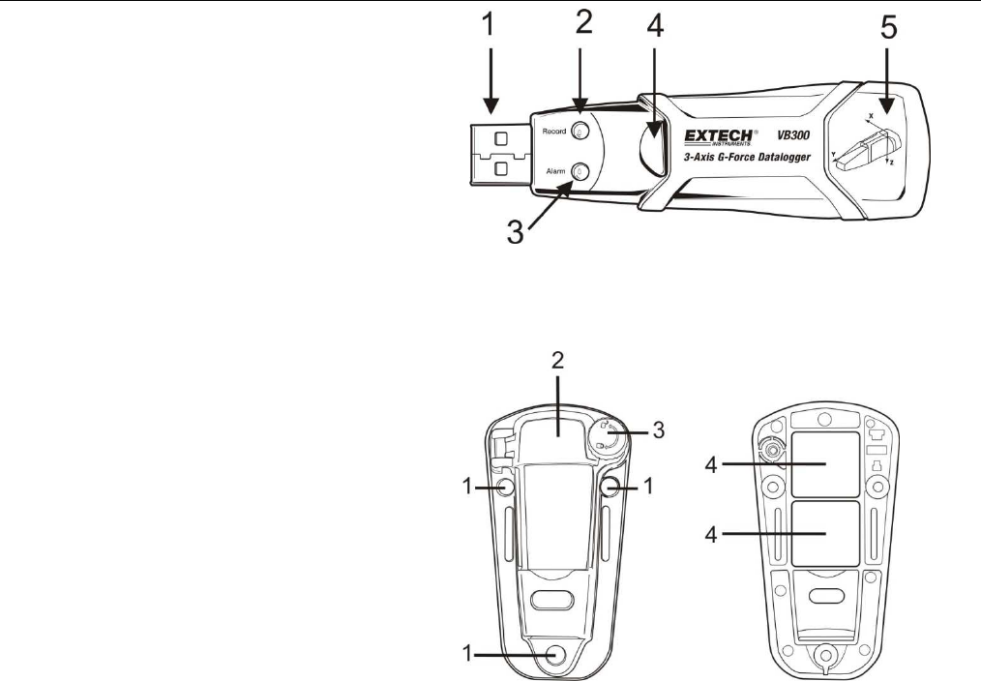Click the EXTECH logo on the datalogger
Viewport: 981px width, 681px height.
tap(718, 137)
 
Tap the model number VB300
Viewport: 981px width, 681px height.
tap(793, 135)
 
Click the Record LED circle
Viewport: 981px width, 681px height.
tap(580, 131)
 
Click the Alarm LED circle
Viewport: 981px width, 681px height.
tap(580, 171)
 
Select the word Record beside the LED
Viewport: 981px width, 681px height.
tap(553, 132)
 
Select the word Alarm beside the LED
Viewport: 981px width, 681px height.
tap(555, 171)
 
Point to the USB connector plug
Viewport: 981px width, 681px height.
tap(500, 153)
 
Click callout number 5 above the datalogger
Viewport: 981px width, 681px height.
tap(888, 28)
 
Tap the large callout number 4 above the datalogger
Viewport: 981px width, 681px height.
tap(655, 28)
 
